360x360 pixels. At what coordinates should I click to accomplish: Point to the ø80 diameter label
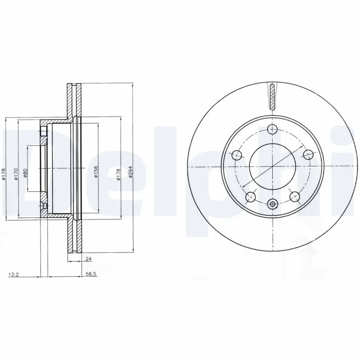click(x=26, y=172)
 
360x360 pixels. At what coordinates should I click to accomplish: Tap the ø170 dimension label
click(x=15, y=174)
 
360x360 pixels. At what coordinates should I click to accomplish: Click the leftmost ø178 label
click(x=4, y=174)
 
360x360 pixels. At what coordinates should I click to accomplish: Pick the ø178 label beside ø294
click(x=118, y=174)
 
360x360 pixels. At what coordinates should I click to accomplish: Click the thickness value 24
click(x=89, y=259)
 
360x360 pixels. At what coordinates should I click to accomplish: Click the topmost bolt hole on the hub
click(x=272, y=130)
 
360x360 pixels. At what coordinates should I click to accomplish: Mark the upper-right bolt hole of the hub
click(x=308, y=155)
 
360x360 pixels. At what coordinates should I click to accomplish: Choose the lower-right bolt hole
click(x=295, y=196)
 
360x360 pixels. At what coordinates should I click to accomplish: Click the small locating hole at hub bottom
click(x=272, y=205)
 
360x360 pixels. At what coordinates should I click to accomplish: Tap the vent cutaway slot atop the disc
click(x=272, y=95)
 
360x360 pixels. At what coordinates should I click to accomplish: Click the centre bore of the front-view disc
click(x=272, y=167)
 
